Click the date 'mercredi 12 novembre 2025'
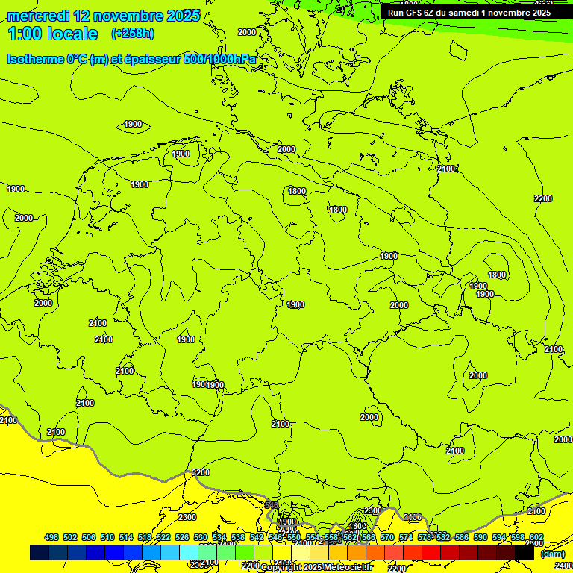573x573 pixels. coord(104,15)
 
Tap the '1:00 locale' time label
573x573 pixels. coord(52,34)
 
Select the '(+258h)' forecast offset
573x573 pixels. coord(133,34)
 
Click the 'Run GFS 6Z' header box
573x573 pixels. coord(469,12)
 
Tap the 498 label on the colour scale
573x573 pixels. coord(51,537)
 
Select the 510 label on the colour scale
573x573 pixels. coord(107,537)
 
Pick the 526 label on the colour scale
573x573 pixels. coord(182,537)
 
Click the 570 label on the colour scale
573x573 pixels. coord(387,537)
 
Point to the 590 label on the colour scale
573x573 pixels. coord(480,537)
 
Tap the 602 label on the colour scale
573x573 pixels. coord(536,537)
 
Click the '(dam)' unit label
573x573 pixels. coord(552,553)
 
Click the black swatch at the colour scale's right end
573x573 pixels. coord(525,553)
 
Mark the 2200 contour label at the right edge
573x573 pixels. coord(543,198)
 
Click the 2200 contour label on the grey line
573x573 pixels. coord(201,472)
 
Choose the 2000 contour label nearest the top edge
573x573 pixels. coord(246,32)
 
